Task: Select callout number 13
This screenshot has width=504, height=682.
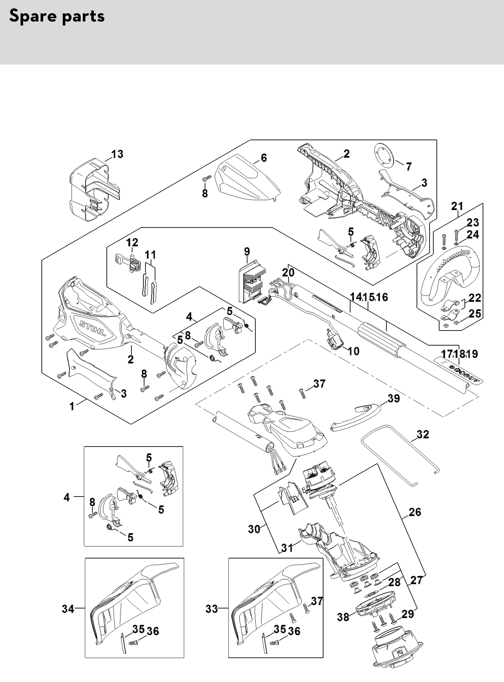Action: [x=117, y=154]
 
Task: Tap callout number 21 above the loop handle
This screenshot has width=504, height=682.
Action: [x=457, y=206]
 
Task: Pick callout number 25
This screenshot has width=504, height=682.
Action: [x=475, y=314]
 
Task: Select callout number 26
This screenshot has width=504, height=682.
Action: [x=415, y=512]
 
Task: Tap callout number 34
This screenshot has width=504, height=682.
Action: [x=68, y=609]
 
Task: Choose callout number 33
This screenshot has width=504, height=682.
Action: [x=212, y=609]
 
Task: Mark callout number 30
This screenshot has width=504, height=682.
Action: [x=254, y=529]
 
